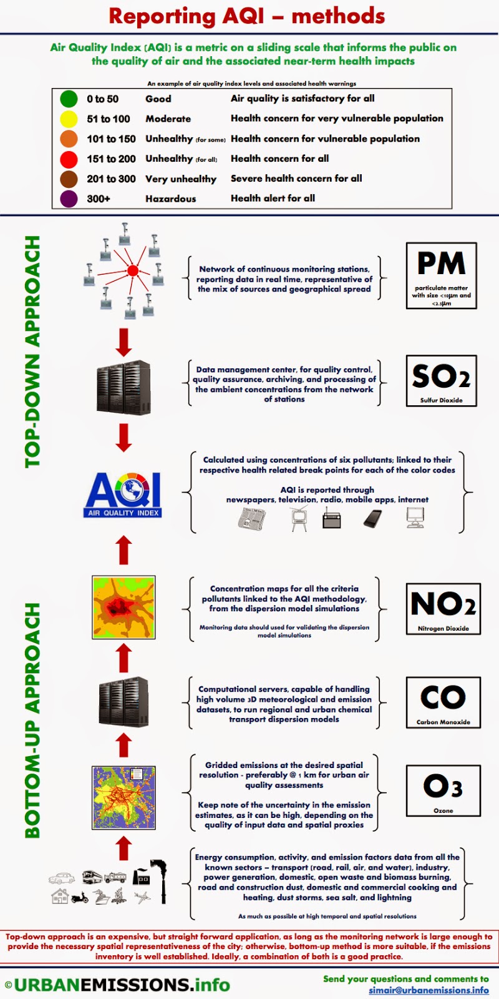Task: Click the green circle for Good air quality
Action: point(69,99)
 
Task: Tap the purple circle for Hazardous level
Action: point(69,199)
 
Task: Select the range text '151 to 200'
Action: point(111,159)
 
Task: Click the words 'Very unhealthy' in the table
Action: point(181,179)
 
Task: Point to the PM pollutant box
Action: point(442,275)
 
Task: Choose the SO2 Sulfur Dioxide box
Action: point(442,381)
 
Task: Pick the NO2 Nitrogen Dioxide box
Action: point(443,609)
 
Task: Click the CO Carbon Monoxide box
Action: point(443,702)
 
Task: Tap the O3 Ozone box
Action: point(443,790)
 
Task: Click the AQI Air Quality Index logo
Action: point(124,495)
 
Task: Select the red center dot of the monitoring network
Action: point(132,270)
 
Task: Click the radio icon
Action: point(332,518)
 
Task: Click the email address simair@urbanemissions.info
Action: point(429,990)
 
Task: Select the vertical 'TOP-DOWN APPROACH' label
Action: point(32,352)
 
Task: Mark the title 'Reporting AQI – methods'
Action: point(247,16)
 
